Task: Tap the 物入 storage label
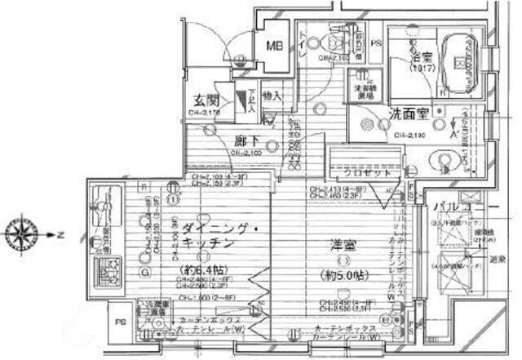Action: click(272, 96)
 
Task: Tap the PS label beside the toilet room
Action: click(376, 43)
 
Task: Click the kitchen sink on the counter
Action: click(104, 203)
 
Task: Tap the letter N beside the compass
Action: click(61, 233)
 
